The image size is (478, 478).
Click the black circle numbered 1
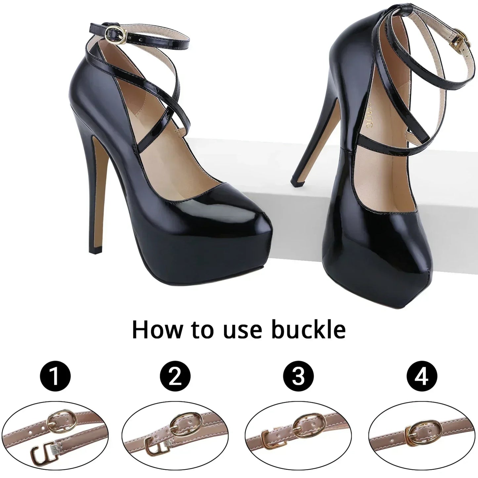56,377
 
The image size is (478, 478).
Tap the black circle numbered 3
298,377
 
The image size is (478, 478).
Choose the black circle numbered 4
422,377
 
